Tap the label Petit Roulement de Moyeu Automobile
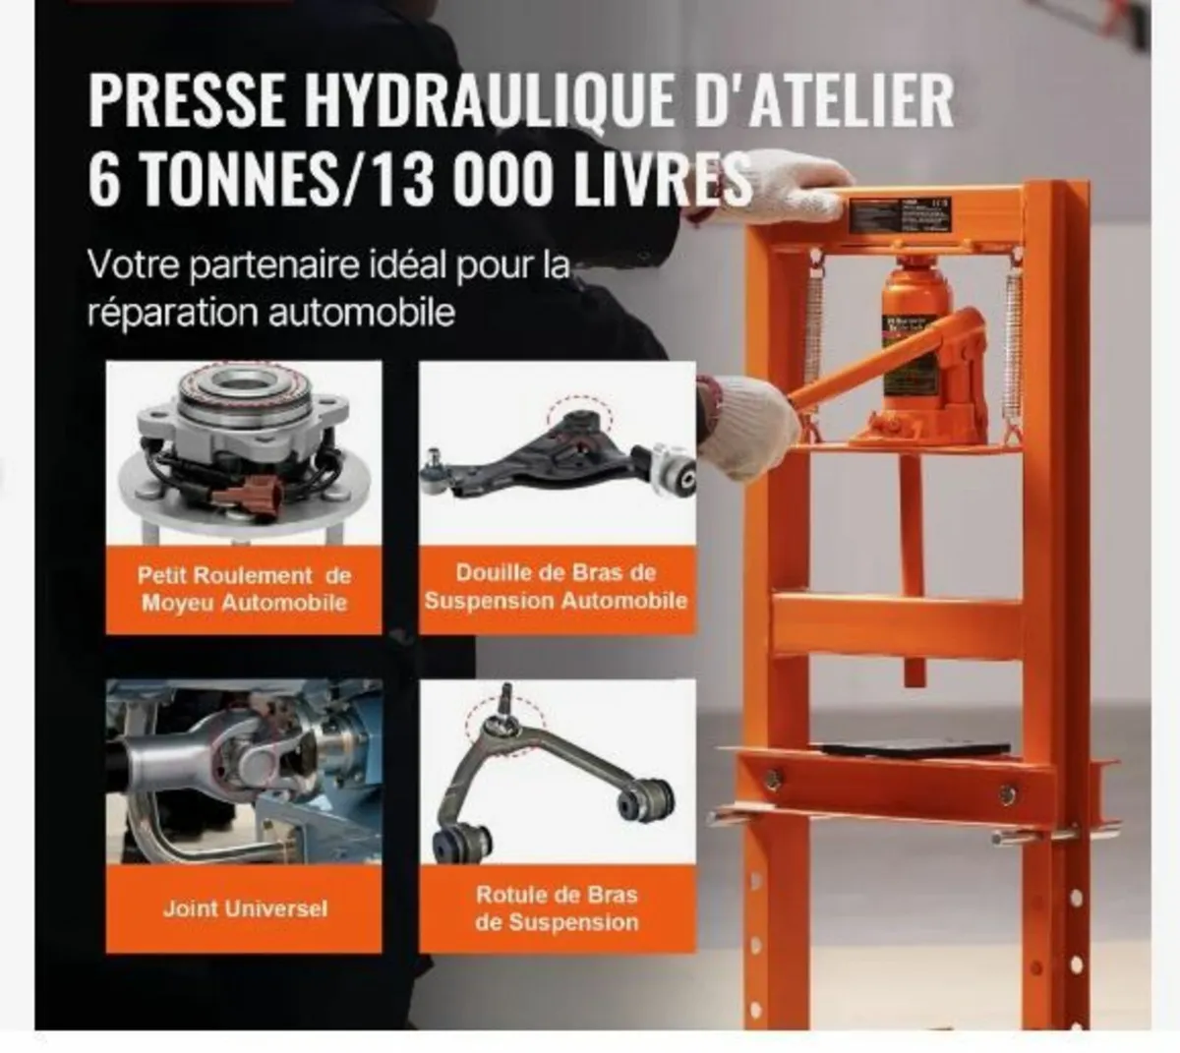point(244,589)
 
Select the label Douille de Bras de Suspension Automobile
point(557,587)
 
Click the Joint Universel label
point(244,908)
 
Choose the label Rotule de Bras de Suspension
point(557,908)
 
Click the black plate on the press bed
point(914,748)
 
